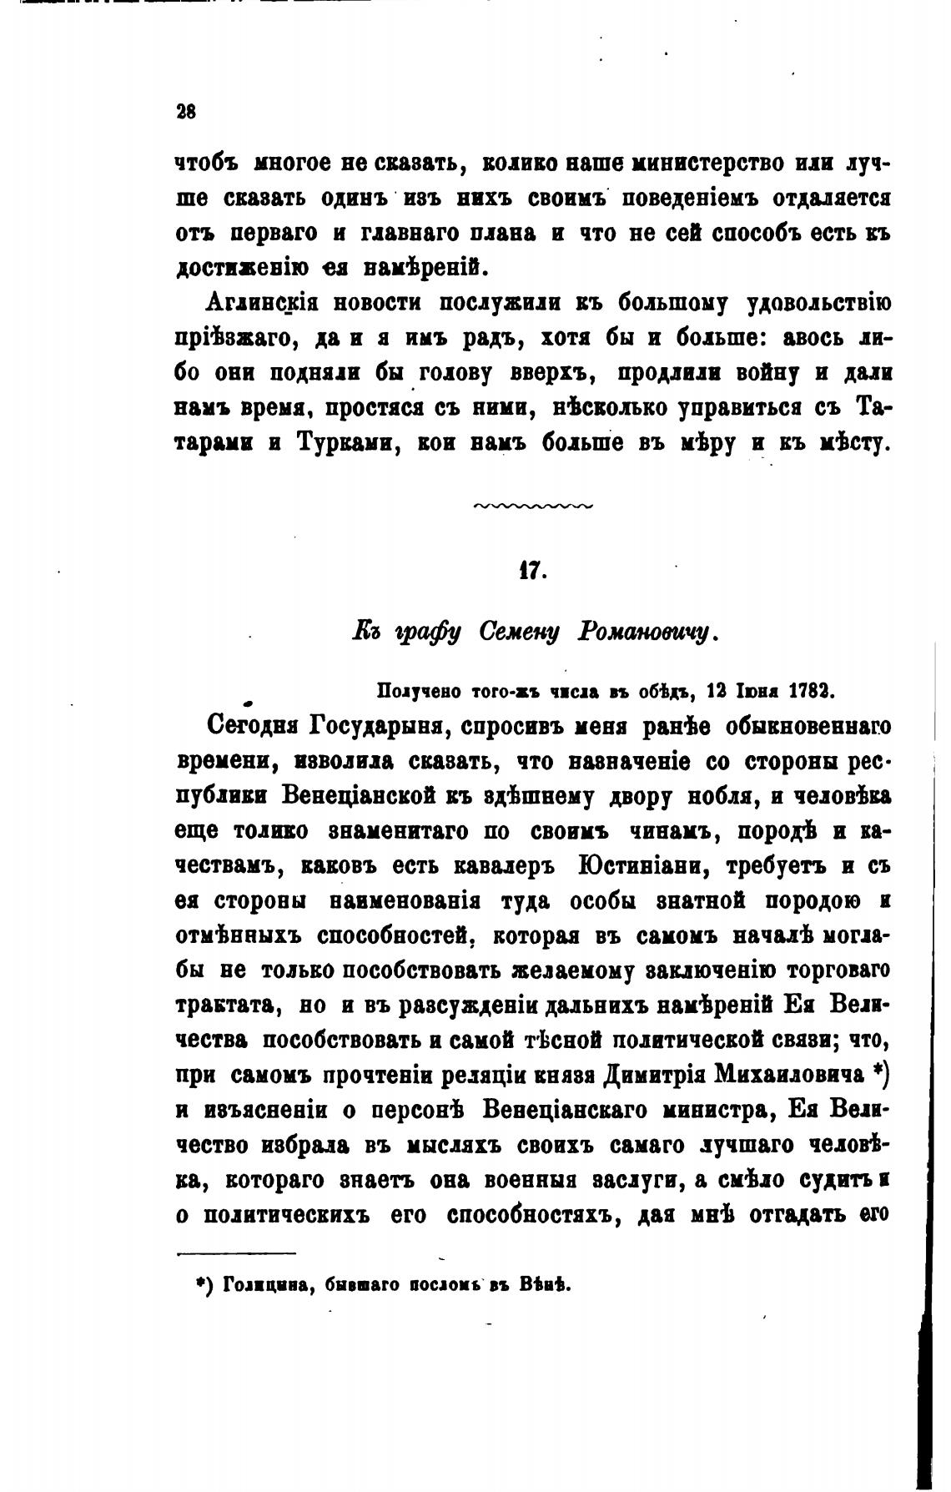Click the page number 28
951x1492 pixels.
(185, 112)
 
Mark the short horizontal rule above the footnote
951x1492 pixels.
(237, 1254)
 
